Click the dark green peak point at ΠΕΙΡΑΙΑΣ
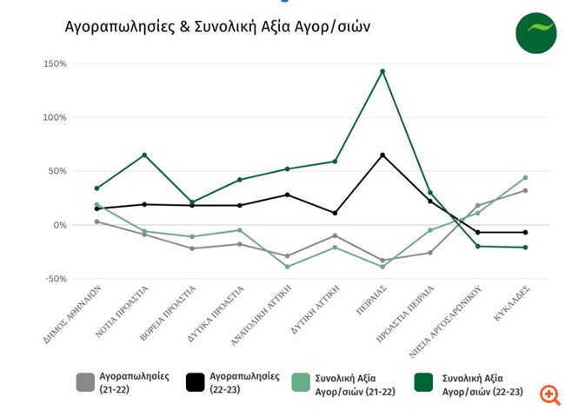[382, 71]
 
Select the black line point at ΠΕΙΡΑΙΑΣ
[382, 155]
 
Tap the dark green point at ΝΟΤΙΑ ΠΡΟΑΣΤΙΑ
[144, 155]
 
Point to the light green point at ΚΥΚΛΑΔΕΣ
[525, 177]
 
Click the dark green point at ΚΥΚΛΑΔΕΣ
[525, 248]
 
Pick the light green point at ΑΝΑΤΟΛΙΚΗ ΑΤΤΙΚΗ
[287, 266]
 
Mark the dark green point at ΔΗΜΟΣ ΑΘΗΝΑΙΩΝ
[96, 188]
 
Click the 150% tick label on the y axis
[54, 63]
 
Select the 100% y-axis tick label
[54, 117]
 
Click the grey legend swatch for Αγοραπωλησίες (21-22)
[85, 382]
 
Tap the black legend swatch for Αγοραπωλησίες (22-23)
[196, 382]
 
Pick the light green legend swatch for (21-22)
[300, 382]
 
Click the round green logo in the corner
[535, 33]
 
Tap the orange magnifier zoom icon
[548, 395]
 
